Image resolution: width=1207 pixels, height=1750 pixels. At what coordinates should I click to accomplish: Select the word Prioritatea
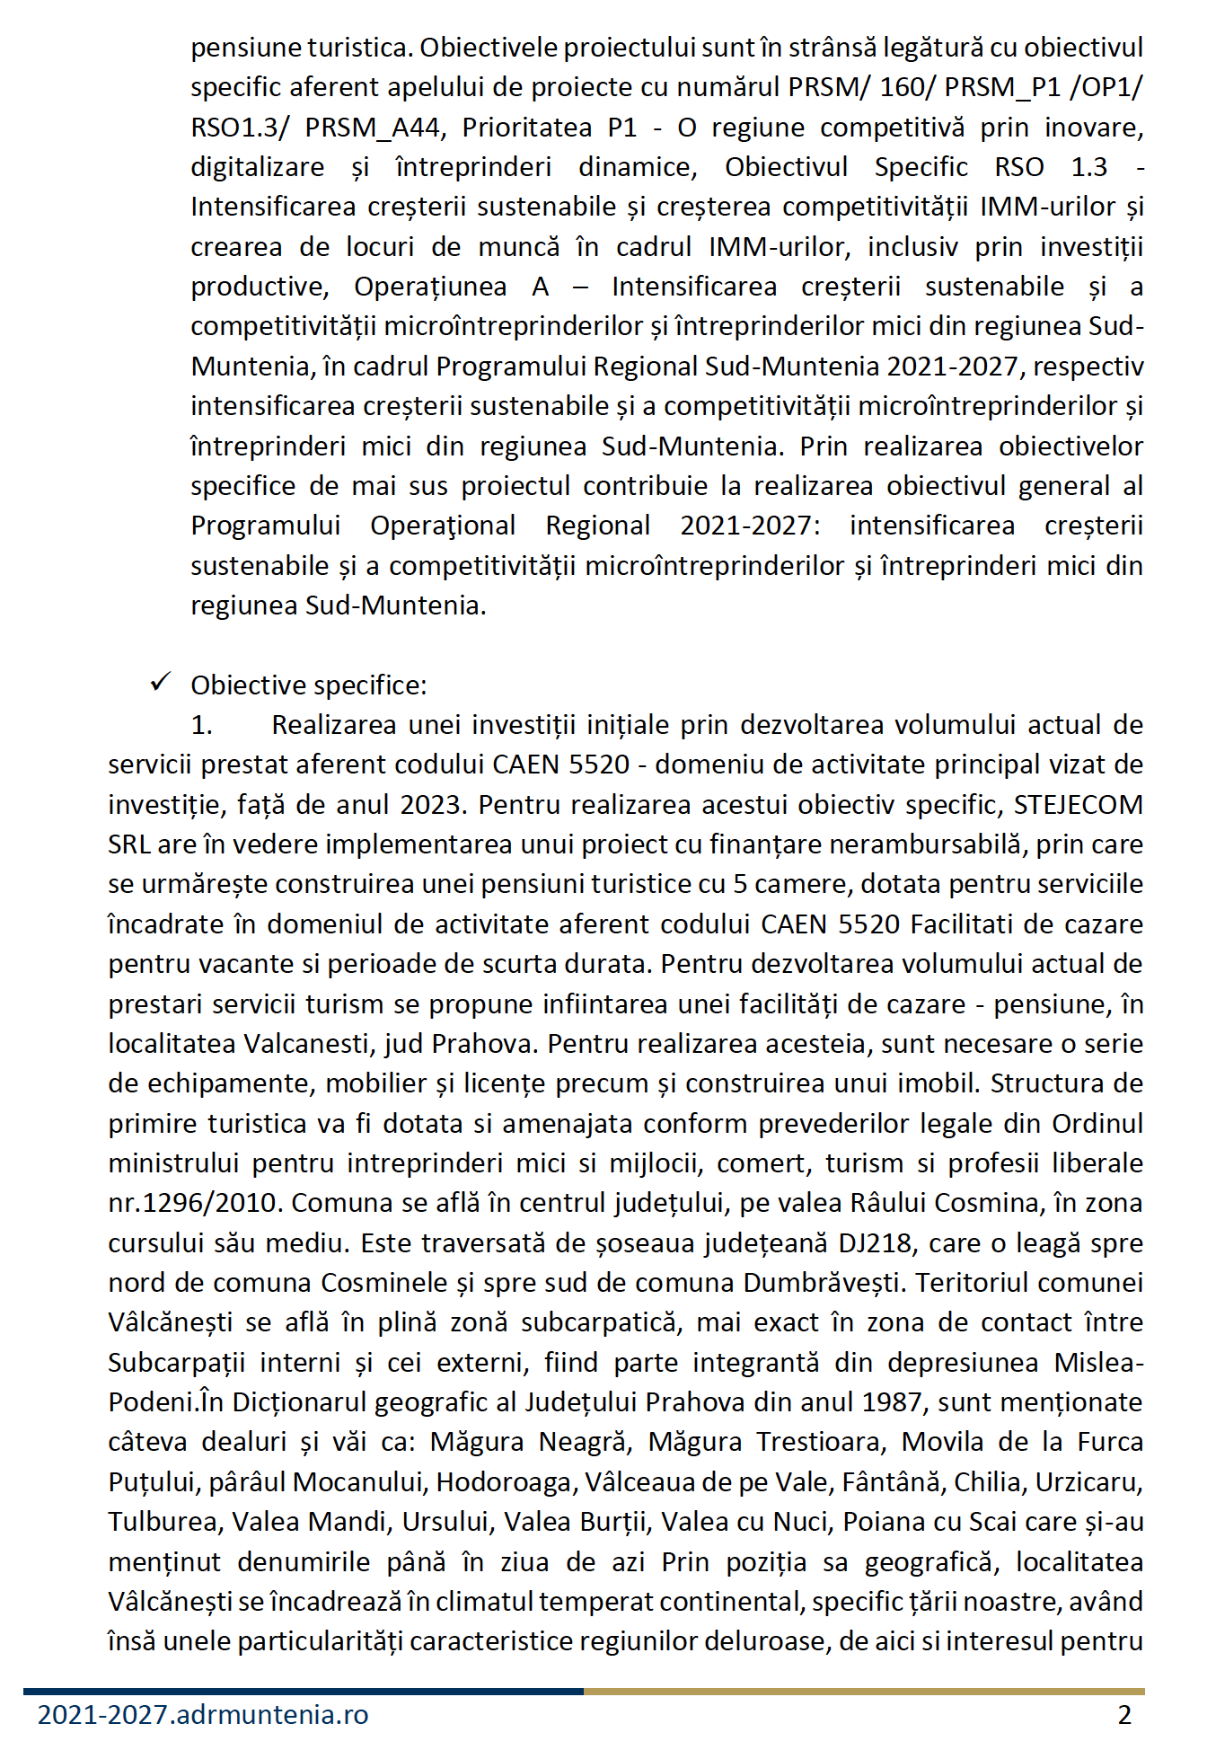coord(527,128)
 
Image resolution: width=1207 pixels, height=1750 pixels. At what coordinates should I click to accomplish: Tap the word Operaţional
coord(443,526)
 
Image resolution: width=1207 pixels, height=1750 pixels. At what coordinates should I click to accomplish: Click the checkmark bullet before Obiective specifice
coord(161,684)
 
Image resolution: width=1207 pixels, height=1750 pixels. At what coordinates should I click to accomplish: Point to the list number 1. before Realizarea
coord(201,725)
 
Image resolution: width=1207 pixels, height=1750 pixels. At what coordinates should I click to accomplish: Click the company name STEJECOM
coord(1078,804)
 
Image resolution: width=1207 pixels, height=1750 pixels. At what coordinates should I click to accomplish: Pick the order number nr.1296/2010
coord(195,1203)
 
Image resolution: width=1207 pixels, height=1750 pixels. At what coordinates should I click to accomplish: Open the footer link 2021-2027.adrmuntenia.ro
coord(203,1715)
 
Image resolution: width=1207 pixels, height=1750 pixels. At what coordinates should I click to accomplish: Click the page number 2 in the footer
coord(1124,1715)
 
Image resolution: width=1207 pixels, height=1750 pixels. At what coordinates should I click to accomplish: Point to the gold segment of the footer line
coord(863,1692)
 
